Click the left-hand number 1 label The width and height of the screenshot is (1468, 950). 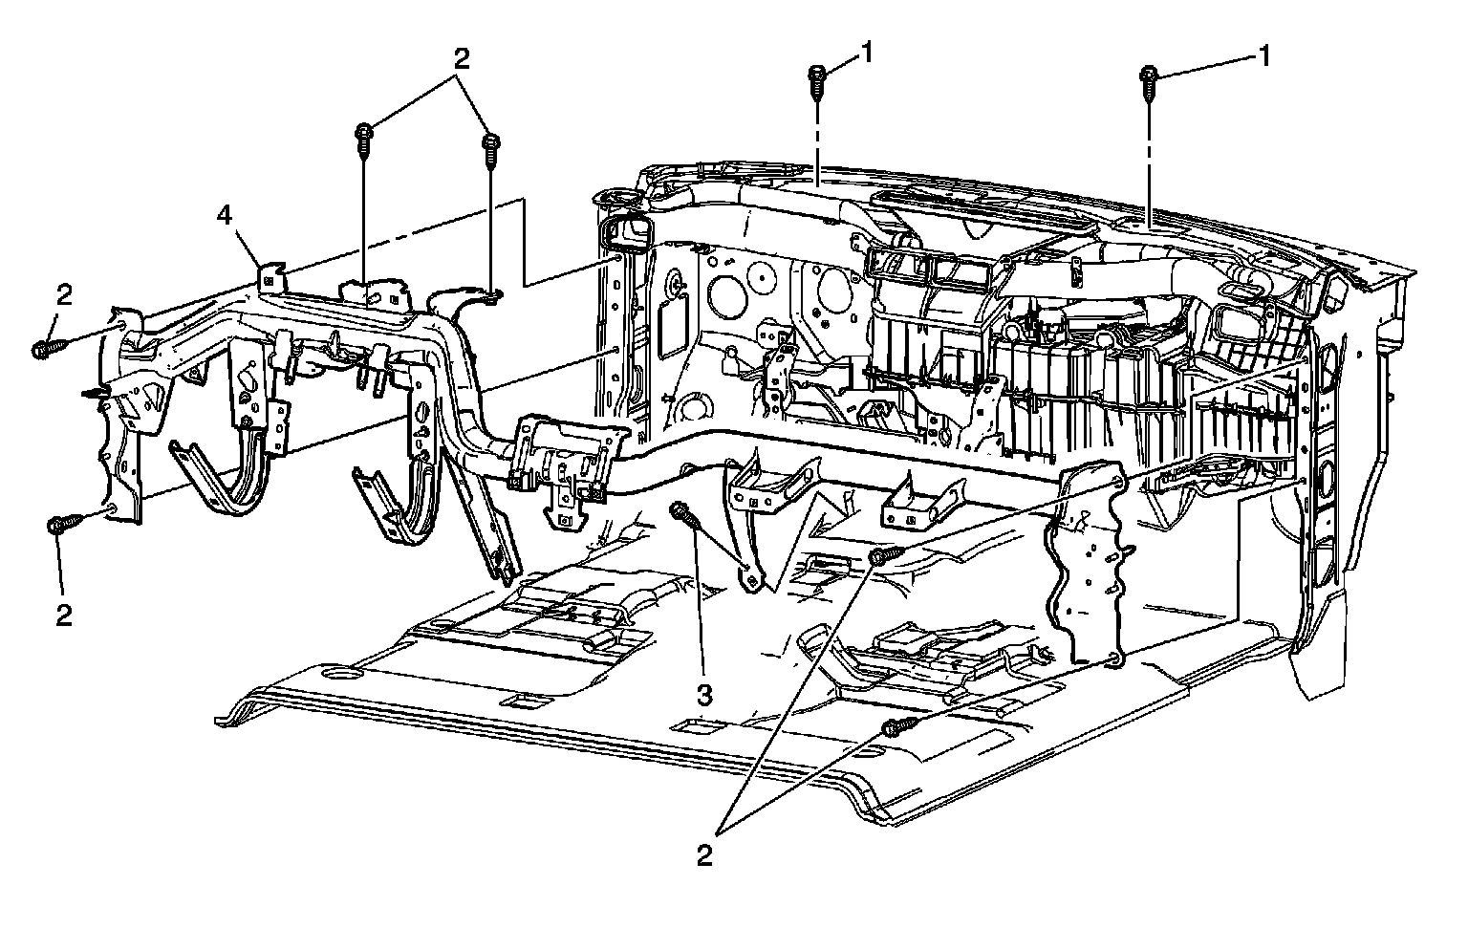(866, 54)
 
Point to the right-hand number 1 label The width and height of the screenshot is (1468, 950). (1263, 57)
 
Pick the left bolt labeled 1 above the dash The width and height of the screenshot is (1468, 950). (818, 80)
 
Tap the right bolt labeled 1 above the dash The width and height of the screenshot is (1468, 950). (1150, 83)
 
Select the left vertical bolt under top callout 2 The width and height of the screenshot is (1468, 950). (364, 138)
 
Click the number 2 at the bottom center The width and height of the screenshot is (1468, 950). (704, 855)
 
